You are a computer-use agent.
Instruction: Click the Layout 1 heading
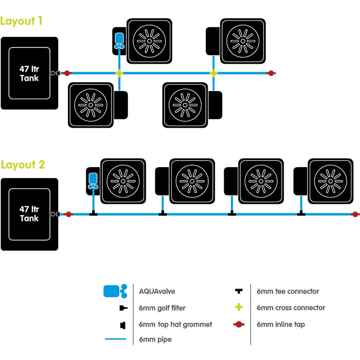(21, 22)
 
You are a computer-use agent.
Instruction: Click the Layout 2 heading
(23, 165)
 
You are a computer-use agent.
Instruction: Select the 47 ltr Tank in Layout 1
(29, 73)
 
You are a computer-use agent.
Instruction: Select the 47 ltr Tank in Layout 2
(29, 214)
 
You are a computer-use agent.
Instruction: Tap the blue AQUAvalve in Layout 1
(119, 40)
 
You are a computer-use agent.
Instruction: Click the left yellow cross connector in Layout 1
(119, 74)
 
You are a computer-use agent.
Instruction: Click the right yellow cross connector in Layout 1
(213, 74)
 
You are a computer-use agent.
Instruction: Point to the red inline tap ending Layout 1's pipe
(271, 74)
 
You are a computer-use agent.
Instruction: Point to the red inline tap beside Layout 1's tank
(67, 74)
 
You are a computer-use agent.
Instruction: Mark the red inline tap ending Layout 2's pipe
(354, 214)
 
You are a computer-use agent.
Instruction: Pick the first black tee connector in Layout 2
(93, 213)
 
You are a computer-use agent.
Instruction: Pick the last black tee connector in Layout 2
(301, 213)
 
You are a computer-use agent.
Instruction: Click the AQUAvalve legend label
(157, 292)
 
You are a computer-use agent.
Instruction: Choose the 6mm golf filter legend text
(162, 308)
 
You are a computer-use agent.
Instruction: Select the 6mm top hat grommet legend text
(175, 325)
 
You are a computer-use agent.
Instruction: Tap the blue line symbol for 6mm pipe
(116, 339)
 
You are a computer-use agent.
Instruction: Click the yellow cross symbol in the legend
(238, 308)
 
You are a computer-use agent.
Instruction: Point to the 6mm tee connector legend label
(287, 292)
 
